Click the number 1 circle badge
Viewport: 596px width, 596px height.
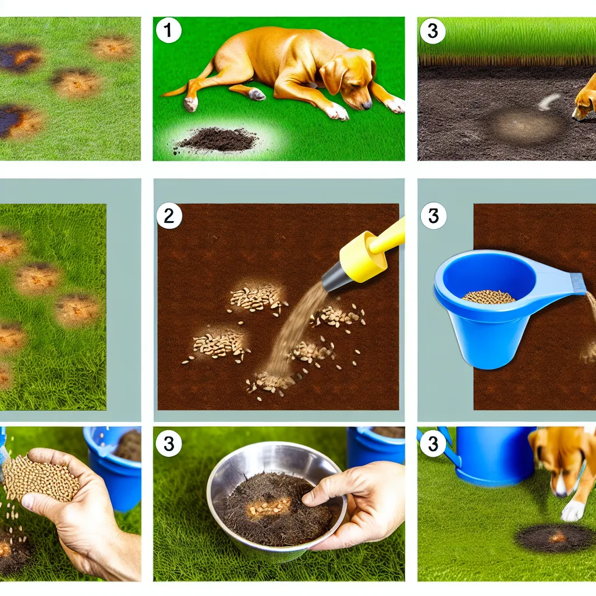tap(168, 30)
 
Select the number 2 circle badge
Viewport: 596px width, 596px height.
tap(169, 216)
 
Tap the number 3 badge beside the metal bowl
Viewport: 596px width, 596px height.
tap(169, 443)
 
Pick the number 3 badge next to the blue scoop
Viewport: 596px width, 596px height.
tap(433, 216)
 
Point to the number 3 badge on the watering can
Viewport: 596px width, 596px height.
tap(433, 443)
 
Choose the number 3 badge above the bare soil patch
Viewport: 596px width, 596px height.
tap(432, 30)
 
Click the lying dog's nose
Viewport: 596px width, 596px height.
tap(367, 105)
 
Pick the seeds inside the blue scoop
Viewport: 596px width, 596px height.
tap(488, 296)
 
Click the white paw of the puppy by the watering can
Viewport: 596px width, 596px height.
tap(572, 510)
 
